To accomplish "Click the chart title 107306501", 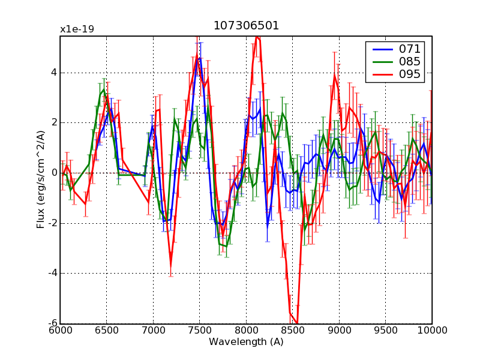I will click(246, 26).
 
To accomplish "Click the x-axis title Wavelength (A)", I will click(246, 341).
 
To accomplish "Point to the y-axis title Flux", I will click(41, 180).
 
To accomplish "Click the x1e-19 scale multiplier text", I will click(77, 29).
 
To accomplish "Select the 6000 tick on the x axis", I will click(60, 331).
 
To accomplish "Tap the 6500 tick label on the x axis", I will click(106, 331).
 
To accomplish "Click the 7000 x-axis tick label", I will click(153, 331).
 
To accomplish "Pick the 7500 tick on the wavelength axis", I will click(199, 331).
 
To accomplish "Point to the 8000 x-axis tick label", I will click(246, 331).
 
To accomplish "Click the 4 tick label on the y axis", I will click(54, 73).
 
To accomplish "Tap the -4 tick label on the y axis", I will click(52, 274).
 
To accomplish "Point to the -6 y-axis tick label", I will click(52, 324).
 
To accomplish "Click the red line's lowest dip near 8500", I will click(296, 322).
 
